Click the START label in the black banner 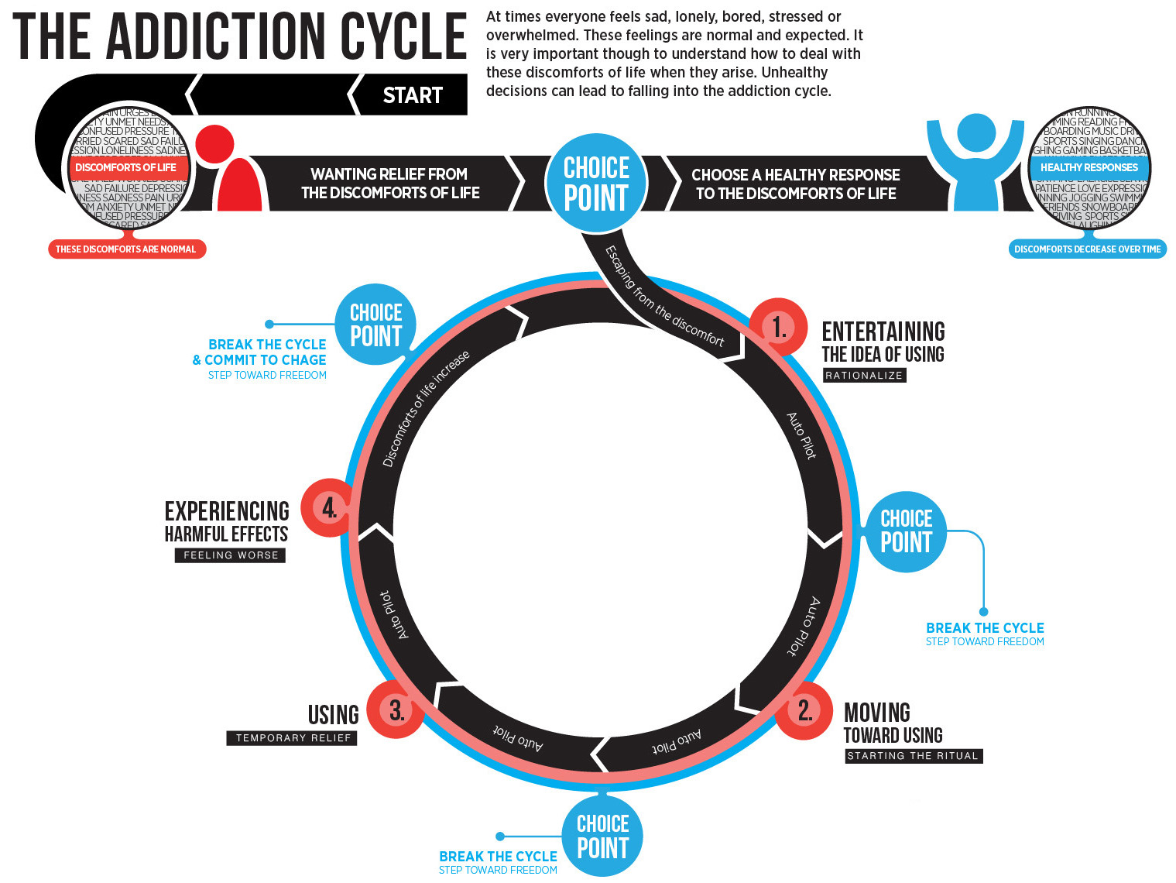[413, 95]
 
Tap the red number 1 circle [779, 327]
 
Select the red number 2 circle [804, 710]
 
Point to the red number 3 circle [396, 709]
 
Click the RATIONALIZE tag [864, 375]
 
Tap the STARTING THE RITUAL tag [913, 755]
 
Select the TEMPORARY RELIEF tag [293, 737]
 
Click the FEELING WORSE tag [231, 555]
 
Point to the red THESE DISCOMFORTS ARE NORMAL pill [126, 249]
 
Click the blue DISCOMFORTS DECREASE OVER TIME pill [1087, 249]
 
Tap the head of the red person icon [214, 143]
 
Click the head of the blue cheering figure [976, 132]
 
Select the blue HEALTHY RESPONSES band [1089, 167]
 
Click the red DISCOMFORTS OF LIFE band [126, 167]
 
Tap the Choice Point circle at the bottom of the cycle [602, 836]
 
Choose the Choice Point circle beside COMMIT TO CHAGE [375, 325]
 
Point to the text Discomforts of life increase [426, 408]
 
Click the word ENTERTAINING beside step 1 [883, 332]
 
